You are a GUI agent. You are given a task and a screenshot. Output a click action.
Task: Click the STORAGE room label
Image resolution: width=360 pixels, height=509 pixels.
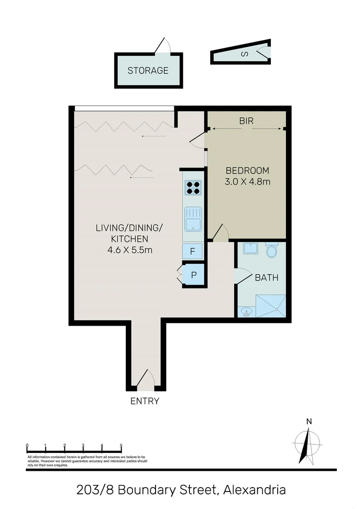tap(147, 71)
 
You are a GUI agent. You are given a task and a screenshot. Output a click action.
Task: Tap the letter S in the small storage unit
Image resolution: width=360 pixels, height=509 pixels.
tap(244, 54)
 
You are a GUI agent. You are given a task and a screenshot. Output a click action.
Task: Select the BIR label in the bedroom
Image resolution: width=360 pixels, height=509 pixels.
tap(246, 121)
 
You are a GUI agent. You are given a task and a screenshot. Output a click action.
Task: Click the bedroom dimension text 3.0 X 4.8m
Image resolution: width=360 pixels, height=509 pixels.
tap(247, 182)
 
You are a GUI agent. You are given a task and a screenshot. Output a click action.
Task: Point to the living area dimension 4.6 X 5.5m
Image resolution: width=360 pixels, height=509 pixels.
tap(129, 250)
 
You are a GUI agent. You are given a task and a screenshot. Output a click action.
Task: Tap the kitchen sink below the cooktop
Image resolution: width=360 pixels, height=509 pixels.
tap(193, 220)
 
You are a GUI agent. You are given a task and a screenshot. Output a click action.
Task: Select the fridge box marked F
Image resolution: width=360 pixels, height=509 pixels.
tap(193, 251)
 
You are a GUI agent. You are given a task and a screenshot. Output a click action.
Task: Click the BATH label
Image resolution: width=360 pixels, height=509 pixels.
tap(266, 278)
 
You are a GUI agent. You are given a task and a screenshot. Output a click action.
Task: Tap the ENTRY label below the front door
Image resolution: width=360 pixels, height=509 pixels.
tap(145, 402)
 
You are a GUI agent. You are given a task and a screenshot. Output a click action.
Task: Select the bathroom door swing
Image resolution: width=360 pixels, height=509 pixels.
tap(242, 275)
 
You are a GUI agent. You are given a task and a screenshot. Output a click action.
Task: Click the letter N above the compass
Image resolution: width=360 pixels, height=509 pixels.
tap(309, 422)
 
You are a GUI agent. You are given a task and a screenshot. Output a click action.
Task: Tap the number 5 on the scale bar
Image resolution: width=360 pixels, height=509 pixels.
tap(121, 445)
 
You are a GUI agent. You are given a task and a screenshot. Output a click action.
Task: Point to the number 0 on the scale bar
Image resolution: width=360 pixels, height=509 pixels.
tap(27, 445)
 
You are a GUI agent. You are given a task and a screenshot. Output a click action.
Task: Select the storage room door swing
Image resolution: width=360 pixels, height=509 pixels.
tap(163, 46)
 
